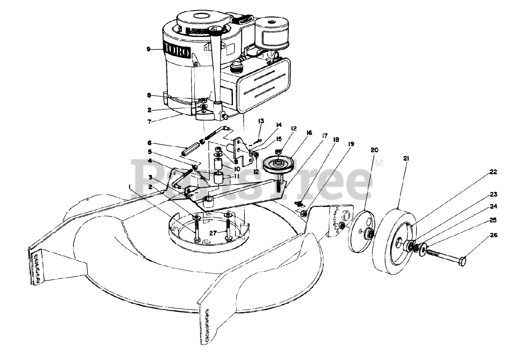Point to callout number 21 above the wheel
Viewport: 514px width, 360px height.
tap(406, 159)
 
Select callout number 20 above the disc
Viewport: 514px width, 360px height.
tap(375, 150)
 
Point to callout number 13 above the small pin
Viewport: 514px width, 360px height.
tap(261, 121)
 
